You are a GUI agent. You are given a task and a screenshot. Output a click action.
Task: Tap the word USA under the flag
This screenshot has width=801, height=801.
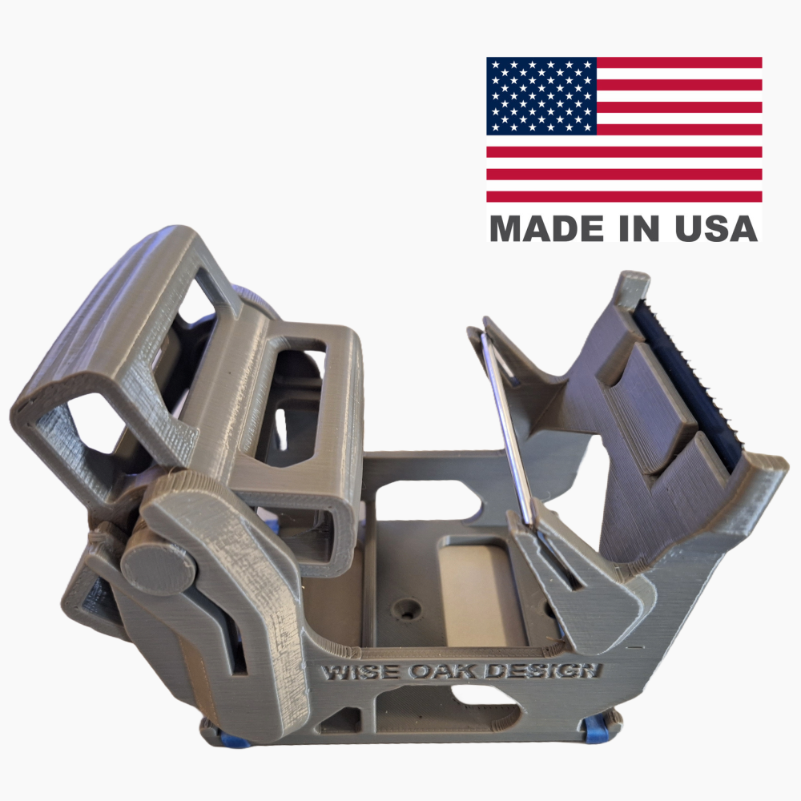coord(716,228)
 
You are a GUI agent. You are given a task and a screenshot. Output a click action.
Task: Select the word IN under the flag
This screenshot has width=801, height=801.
coord(639,228)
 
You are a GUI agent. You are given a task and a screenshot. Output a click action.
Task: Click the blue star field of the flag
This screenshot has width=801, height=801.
coord(541,96)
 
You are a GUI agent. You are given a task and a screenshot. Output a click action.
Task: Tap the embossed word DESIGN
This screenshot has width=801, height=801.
coord(542,670)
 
